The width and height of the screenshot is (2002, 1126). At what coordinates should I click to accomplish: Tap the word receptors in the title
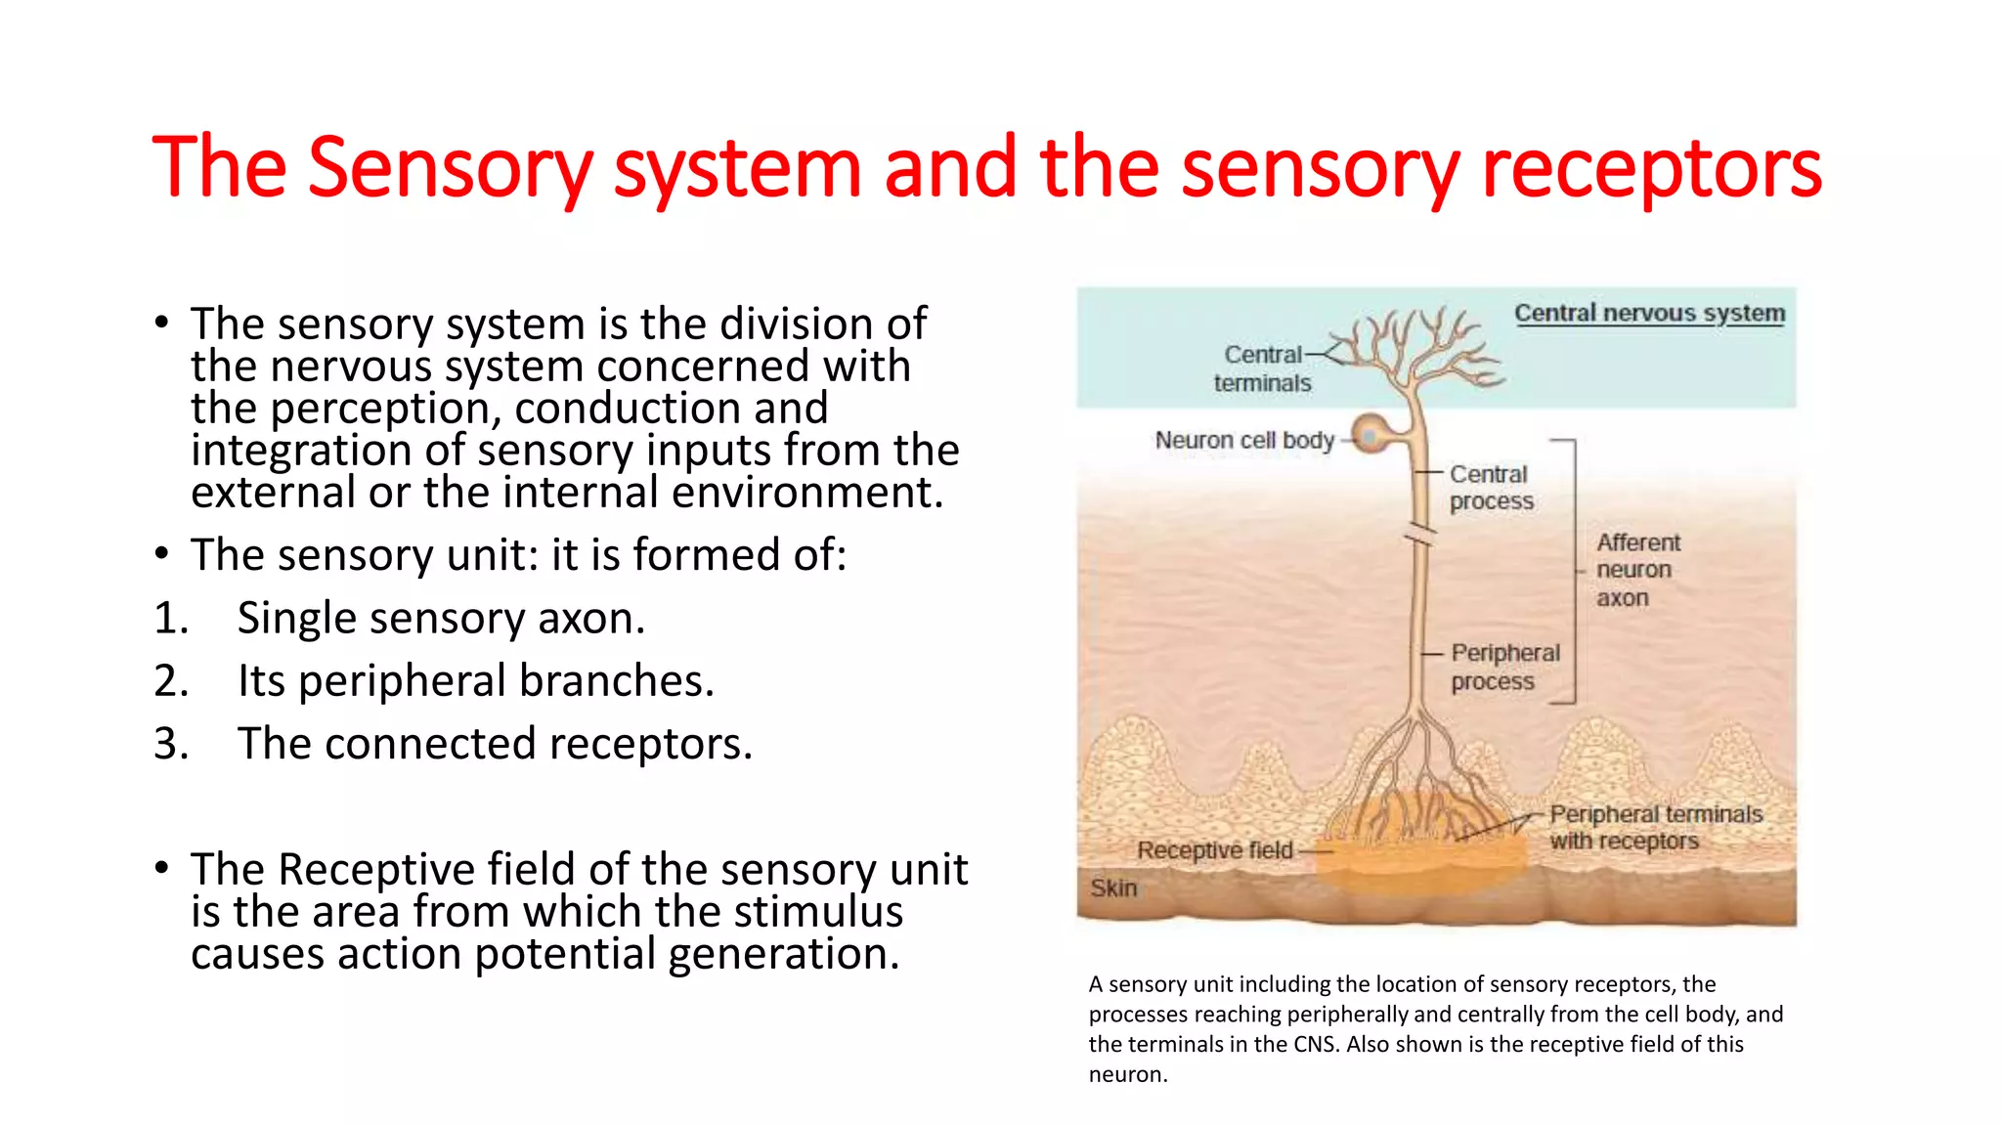pyautogui.click(x=1651, y=168)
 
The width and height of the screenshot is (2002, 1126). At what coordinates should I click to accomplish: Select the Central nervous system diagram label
pyautogui.click(x=1649, y=313)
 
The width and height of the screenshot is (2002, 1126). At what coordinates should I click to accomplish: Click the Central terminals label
pyautogui.click(x=1262, y=368)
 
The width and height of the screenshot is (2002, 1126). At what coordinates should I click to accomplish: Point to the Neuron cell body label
pyautogui.click(x=1243, y=440)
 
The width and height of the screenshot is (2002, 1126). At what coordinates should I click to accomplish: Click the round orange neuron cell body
pyautogui.click(x=1371, y=432)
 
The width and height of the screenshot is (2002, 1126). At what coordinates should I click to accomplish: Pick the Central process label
pyautogui.click(x=1491, y=487)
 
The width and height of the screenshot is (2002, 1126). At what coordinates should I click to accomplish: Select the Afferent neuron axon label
pyautogui.click(x=1637, y=569)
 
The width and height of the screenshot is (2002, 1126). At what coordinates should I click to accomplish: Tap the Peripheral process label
pyautogui.click(x=1504, y=667)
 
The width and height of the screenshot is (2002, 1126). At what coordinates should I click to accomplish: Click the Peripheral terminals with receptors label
pyautogui.click(x=1655, y=827)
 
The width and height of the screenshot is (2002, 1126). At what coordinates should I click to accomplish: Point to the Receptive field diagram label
pyautogui.click(x=1214, y=850)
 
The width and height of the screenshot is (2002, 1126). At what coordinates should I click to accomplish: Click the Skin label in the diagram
pyautogui.click(x=1113, y=888)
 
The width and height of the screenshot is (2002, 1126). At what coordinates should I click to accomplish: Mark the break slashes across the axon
pyautogui.click(x=1420, y=536)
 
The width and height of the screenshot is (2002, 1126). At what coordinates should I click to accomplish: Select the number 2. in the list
pyautogui.click(x=171, y=680)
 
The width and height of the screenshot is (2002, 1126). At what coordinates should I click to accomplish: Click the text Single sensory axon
pyautogui.click(x=441, y=618)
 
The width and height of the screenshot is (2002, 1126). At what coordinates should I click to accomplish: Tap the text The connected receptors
pyautogui.click(x=495, y=743)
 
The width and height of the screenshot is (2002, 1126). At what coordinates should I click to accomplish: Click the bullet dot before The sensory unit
pyautogui.click(x=161, y=554)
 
